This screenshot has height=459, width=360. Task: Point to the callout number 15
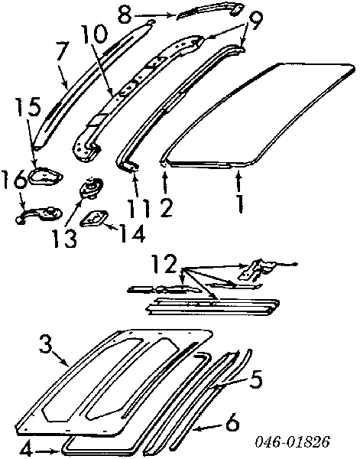(28, 107)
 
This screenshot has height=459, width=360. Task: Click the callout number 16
(14, 181)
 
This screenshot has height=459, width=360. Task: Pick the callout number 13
(64, 237)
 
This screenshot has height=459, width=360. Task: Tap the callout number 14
(132, 233)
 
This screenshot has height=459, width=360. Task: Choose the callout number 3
(46, 346)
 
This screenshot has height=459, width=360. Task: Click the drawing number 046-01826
(292, 441)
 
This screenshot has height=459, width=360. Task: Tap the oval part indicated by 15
(45, 177)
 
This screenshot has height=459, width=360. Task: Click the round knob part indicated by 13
(91, 187)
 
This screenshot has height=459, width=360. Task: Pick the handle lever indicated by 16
(39, 215)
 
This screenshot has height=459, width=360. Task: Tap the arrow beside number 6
(207, 427)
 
